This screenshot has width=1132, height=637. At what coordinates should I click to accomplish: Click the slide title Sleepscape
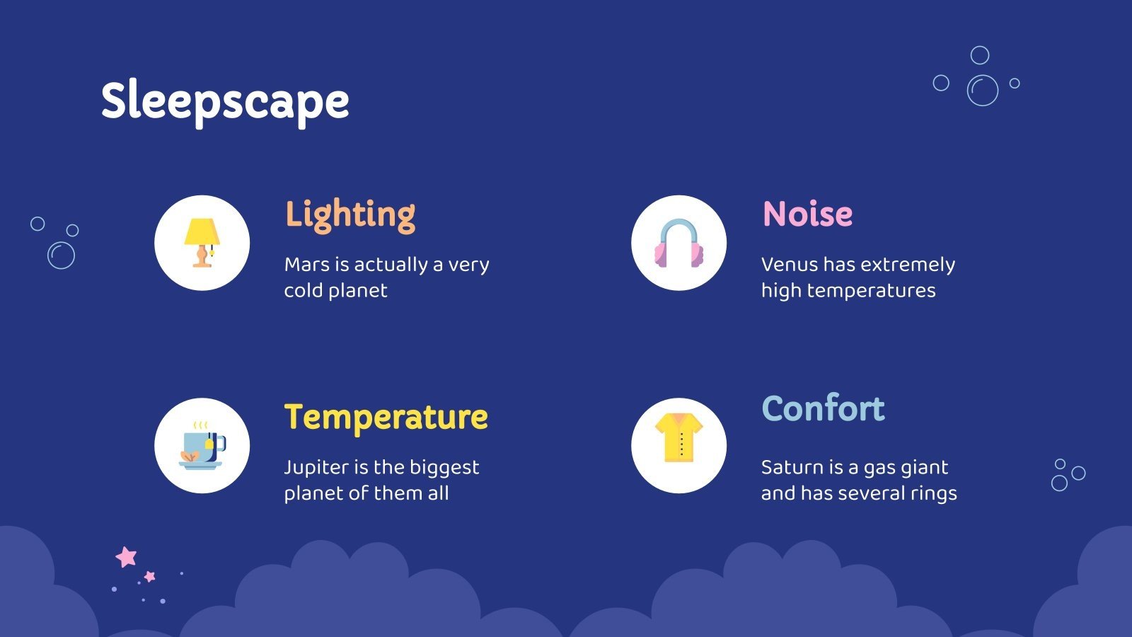(x=225, y=101)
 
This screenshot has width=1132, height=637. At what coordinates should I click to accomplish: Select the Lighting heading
(x=350, y=214)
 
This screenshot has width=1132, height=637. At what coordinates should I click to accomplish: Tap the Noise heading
(x=807, y=214)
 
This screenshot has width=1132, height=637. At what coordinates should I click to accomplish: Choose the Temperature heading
(x=386, y=417)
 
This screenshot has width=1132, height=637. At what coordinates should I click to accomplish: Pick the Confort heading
(x=823, y=408)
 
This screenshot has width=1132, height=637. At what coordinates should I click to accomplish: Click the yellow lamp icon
(x=202, y=242)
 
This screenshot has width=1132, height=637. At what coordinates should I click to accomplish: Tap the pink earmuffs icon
(x=678, y=243)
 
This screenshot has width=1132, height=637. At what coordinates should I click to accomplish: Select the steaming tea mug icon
(x=202, y=446)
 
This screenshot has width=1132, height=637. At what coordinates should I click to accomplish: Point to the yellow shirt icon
(x=678, y=438)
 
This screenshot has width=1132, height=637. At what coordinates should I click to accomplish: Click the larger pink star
(x=126, y=557)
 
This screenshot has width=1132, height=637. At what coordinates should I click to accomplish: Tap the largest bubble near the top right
(x=983, y=91)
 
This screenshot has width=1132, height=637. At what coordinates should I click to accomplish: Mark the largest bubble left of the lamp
(x=61, y=256)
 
